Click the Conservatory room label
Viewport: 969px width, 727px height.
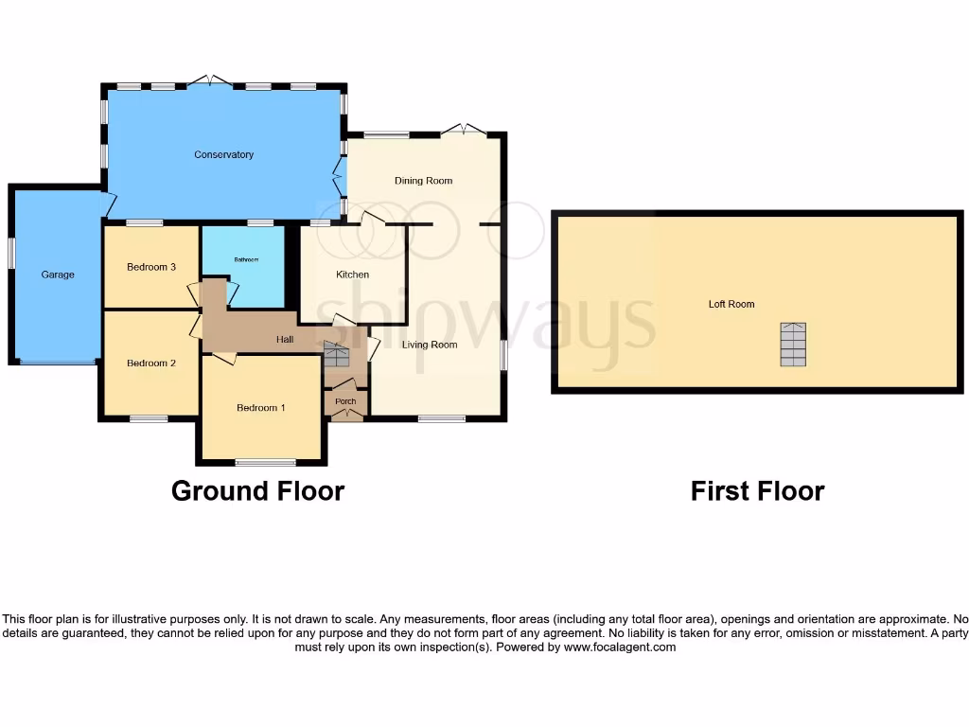point(224,154)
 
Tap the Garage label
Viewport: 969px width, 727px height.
point(58,275)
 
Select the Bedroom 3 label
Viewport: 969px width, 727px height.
point(151,267)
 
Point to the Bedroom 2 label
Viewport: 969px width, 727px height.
point(151,363)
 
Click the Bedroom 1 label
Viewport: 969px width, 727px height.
point(261,408)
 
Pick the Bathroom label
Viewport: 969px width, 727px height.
point(246,259)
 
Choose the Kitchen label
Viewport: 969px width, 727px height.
point(352,275)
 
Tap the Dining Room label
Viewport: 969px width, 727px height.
point(423,181)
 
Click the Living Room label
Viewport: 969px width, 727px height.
point(430,345)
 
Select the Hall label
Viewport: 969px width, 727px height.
point(284,340)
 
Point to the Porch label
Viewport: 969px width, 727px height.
point(346,401)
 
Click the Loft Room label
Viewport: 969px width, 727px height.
point(731,305)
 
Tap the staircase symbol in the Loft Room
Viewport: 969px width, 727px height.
point(793,345)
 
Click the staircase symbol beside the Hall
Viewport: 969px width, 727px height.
point(337,356)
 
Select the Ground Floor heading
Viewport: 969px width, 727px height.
point(257,491)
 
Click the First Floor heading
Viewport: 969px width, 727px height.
point(757,491)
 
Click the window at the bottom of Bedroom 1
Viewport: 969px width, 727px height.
point(265,463)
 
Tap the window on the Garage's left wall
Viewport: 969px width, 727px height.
point(12,253)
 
